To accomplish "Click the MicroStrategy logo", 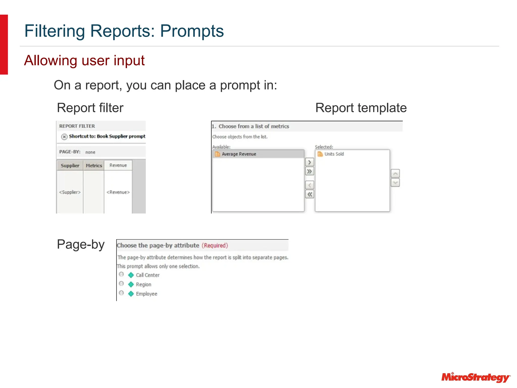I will click(476, 377).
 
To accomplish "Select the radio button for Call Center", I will click(121, 274).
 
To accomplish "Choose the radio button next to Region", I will click(121, 284).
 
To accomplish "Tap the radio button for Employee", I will click(121, 293).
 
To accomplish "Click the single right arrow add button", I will click(309, 162).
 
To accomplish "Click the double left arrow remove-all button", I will click(309, 195).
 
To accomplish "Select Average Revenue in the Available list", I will click(239, 154).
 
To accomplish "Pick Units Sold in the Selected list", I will click(334, 154).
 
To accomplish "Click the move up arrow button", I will click(395, 174).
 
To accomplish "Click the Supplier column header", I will click(70, 166).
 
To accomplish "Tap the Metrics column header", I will click(94, 166).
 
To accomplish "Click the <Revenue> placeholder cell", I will click(118, 192).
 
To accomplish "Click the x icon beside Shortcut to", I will click(64, 137).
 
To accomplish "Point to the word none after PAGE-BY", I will click(90, 152).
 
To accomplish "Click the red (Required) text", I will click(215, 246).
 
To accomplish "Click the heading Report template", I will click(361, 108).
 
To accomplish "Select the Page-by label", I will click(81, 245).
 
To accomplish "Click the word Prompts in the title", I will click(192, 31).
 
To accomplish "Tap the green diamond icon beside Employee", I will click(131, 294).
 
